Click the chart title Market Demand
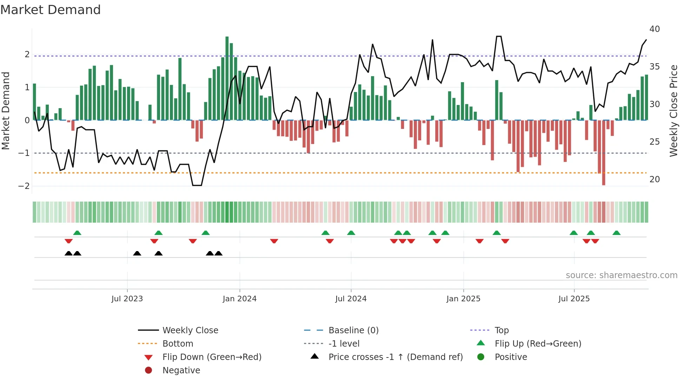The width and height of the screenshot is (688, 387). coord(51,10)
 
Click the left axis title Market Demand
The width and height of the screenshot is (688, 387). coord(6,111)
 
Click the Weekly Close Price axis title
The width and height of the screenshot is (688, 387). coord(673,111)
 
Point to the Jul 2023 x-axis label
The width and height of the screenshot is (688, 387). coord(127,299)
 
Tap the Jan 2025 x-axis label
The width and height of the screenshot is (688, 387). coord(463,299)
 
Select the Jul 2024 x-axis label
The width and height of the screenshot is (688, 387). coord(351,299)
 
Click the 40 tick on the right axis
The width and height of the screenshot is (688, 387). coord(654,29)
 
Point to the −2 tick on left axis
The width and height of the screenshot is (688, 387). coord(24,186)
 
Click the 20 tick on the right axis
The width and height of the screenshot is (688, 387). coord(654,179)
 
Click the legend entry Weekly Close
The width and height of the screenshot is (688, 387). coord(190,330)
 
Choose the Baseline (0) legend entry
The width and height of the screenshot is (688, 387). coord(353,330)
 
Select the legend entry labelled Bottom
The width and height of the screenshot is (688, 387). coord(178,344)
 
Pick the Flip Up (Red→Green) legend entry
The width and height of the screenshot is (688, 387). coord(538,344)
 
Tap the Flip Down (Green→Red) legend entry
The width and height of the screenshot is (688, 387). coord(212,357)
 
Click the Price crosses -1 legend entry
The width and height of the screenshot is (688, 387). coord(395,357)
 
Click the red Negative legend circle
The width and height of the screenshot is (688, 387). coord(148,370)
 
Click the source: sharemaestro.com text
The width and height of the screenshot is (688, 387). coord(621,275)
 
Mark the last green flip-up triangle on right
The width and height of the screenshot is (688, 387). coord(616,233)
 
